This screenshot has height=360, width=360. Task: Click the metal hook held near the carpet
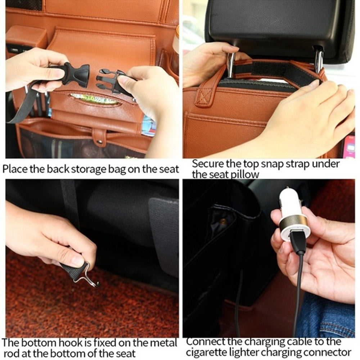click(89, 277)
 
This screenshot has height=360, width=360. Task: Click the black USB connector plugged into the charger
click(298, 243)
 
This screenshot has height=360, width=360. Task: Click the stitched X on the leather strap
click(204, 97)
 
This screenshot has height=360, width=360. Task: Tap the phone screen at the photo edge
click(349, 146)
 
